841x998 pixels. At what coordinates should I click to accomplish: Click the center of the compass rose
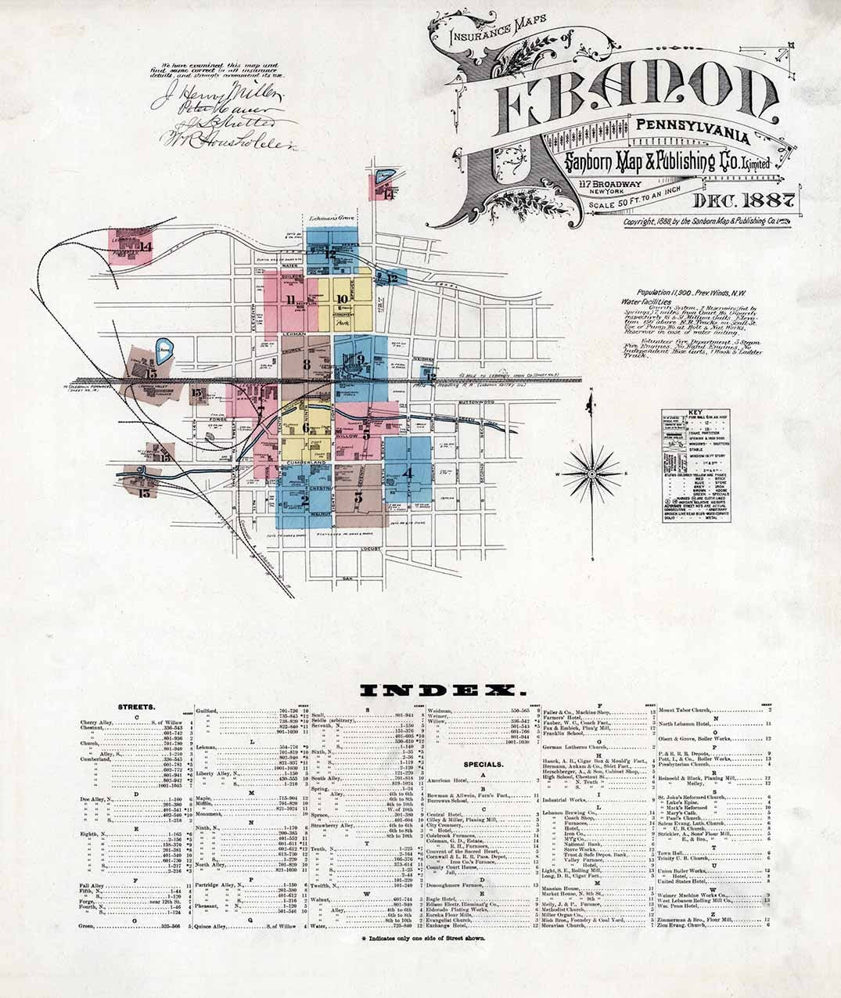pos(592,474)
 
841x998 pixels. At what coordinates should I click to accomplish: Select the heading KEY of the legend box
pos(691,414)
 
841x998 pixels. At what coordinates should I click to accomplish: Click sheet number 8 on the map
pos(307,363)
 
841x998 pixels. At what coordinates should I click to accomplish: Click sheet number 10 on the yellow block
pos(342,297)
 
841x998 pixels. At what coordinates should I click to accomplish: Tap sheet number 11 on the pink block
pos(291,299)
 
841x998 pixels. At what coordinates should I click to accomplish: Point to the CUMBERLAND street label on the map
pos(307,464)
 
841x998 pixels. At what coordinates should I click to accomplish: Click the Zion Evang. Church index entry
pos(684,925)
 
